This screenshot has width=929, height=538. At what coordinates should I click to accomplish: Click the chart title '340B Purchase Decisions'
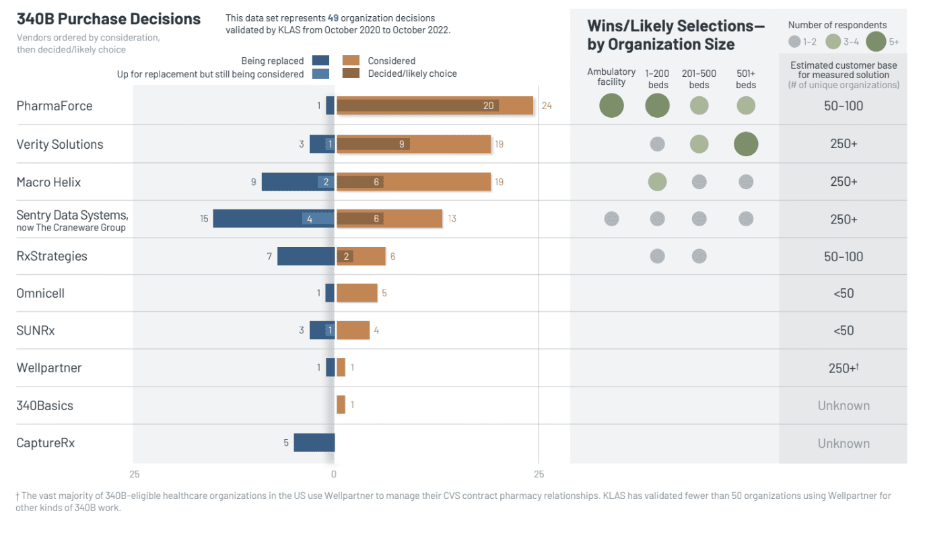click(x=108, y=19)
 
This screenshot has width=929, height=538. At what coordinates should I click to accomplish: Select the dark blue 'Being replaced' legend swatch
click(x=321, y=61)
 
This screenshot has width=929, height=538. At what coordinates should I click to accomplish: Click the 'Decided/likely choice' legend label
click(x=412, y=73)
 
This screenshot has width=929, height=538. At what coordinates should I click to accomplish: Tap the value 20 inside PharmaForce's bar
click(x=488, y=106)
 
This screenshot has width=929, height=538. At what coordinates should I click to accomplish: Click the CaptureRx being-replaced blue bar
click(x=314, y=442)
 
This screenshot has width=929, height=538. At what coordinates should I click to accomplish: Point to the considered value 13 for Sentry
click(x=452, y=219)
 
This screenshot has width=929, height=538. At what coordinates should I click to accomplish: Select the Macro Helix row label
click(x=48, y=182)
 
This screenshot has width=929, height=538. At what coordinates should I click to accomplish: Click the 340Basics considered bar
click(x=341, y=405)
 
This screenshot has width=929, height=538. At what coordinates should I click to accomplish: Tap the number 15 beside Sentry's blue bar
click(x=204, y=219)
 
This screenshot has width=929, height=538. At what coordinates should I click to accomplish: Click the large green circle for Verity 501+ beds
click(x=746, y=144)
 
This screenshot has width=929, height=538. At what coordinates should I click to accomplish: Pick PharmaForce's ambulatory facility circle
click(x=611, y=106)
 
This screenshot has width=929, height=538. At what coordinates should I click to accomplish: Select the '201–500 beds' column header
click(x=699, y=79)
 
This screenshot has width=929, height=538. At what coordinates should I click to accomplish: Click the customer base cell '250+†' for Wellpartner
click(x=843, y=368)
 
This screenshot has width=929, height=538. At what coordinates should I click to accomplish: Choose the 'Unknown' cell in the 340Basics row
click(x=843, y=405)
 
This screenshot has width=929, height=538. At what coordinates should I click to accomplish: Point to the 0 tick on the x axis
click(x=334, y=475)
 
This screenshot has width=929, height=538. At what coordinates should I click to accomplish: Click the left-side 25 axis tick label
click(x=135, y=475)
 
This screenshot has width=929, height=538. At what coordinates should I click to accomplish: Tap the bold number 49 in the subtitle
click(x=333, y=18)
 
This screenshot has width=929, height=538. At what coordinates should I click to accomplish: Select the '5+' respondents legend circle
click(x=876, y=42)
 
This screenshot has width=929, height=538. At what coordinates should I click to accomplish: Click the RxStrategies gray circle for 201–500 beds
click(x=699, y=256)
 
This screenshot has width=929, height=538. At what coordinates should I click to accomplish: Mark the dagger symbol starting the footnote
click(x=18, y=496)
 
